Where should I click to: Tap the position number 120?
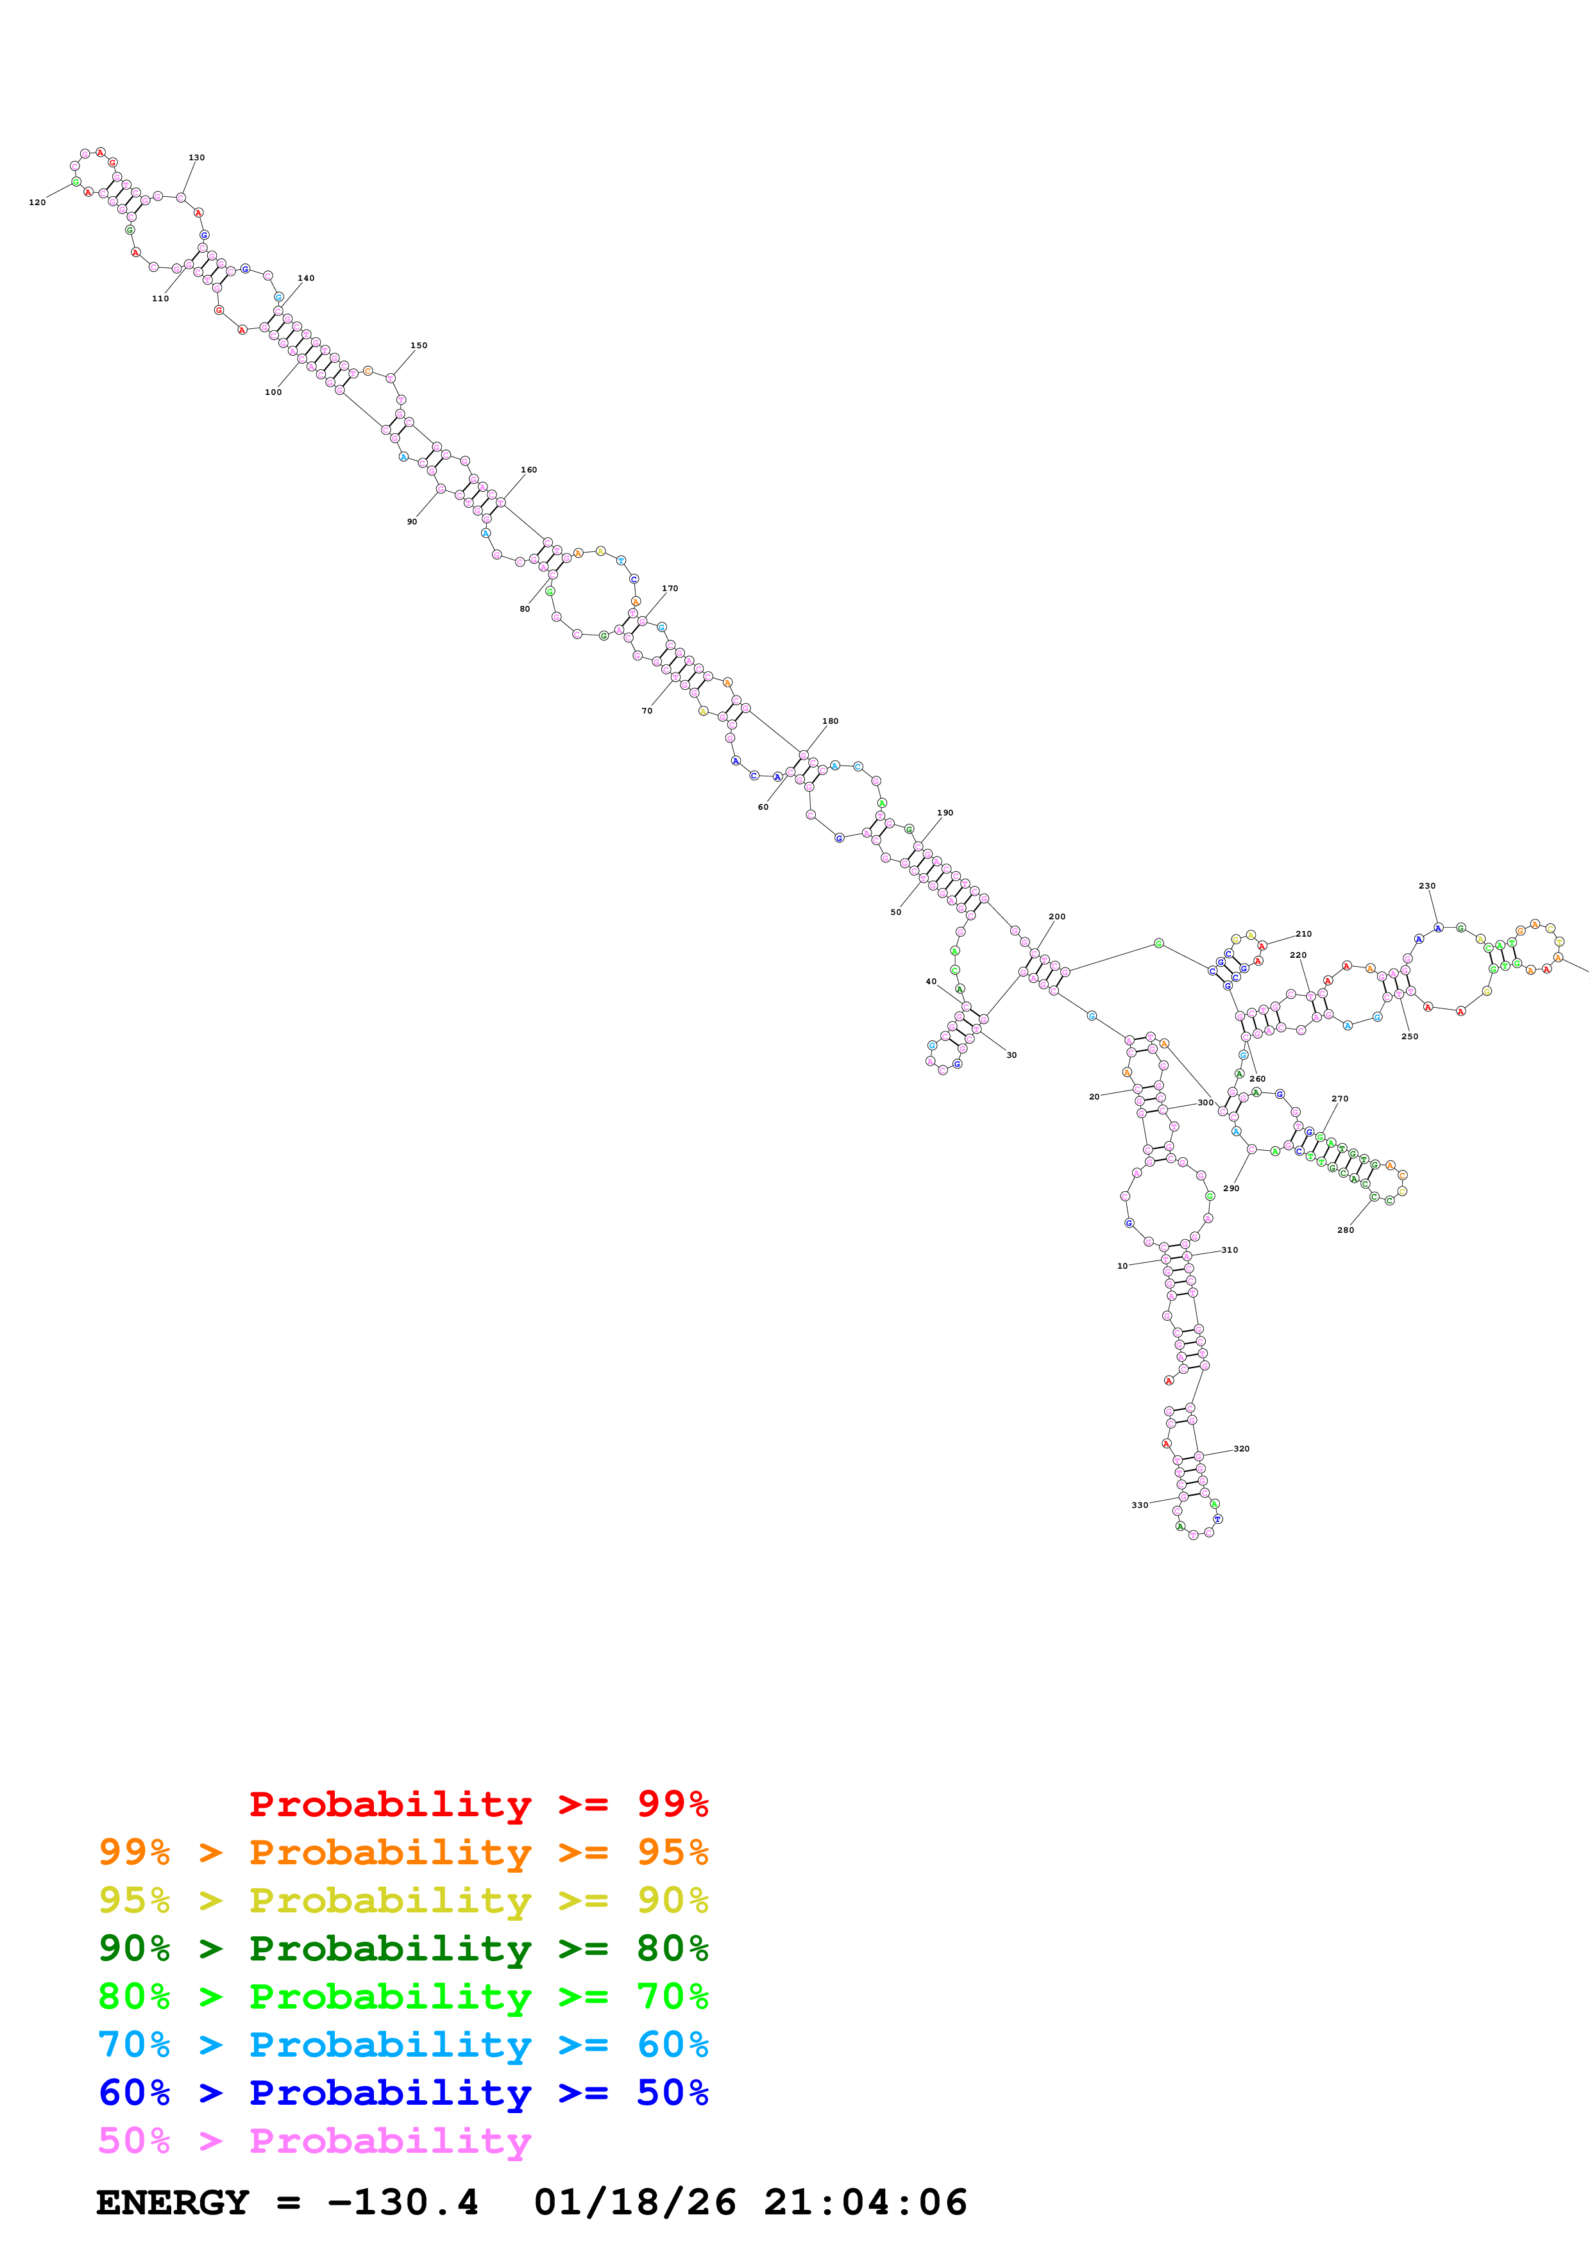[37, 203]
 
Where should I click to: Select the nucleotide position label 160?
[529, 470]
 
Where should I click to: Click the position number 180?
[831, 722]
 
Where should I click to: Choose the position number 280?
[1346, 1230]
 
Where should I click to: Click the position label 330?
[1139, 1505]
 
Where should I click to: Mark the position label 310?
[1230, 1251]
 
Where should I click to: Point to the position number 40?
[931, 982]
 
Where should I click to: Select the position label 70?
[647, 711]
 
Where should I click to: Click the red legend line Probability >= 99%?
[478, 1803]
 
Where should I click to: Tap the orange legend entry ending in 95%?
[403, 1852]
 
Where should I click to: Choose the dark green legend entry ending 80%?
[403, 1948]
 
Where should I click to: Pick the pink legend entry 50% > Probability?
[314, 2141]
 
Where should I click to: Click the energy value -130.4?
[403, 2203]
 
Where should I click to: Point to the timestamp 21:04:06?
[865, 2203]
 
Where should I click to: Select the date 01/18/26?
[635, 2203]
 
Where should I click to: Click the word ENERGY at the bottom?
[173, 2203]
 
